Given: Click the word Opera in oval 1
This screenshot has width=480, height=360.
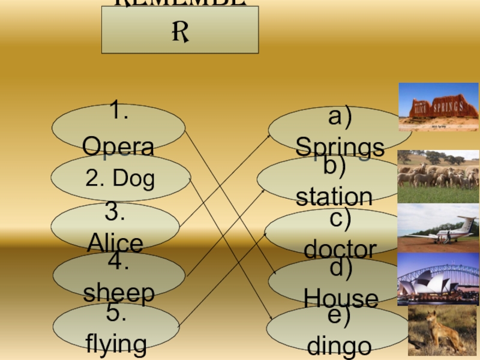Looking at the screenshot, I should point(118,146).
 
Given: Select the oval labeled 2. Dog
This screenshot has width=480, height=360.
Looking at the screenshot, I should point(121,178).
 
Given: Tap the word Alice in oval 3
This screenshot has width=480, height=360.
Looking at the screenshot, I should point(115,243).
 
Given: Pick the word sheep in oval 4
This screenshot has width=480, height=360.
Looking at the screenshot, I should point(119,293).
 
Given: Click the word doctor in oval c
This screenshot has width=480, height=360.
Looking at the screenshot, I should point(340,248).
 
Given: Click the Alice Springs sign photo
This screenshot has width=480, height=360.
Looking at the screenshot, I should point(439,107).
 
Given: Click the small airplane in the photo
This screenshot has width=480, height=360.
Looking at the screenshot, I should point(451,229).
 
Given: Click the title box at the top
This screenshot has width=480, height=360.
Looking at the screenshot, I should point(180,30).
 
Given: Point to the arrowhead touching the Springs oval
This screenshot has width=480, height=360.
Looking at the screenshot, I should point(269,137).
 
